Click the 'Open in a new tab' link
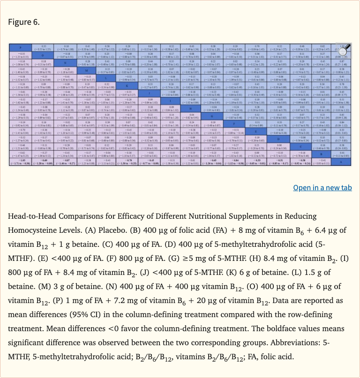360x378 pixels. [322, 188]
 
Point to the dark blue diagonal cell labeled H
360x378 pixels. [191, 108]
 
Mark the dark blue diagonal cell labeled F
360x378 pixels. [234, 123]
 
